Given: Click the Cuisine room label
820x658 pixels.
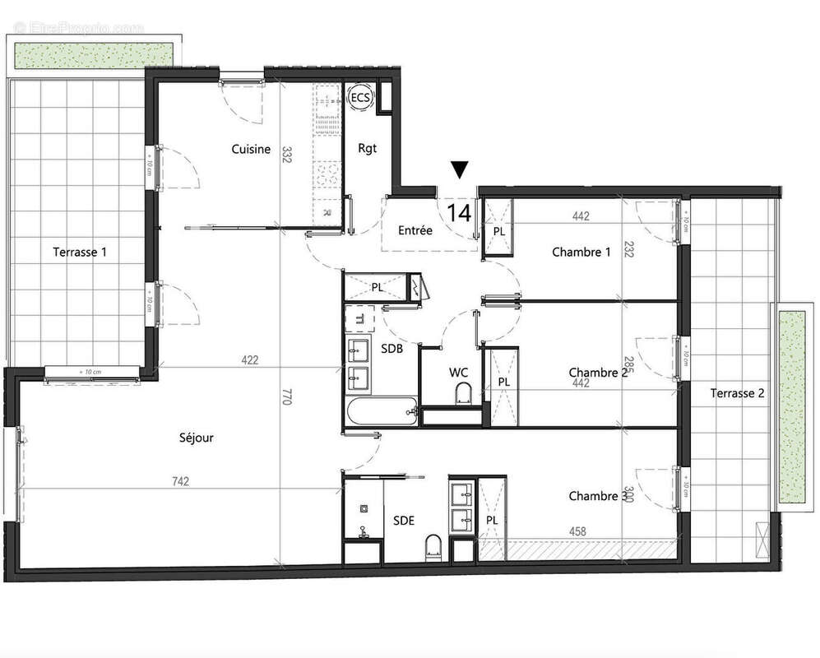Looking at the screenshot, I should [251, 149].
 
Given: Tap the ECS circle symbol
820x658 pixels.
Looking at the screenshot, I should [360, 98].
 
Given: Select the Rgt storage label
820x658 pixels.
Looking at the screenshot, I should [367, 149].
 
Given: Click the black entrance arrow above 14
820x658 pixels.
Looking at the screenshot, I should [460, 169].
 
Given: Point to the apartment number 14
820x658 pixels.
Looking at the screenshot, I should [459, 213].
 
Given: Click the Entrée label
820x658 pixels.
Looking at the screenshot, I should [415, 231].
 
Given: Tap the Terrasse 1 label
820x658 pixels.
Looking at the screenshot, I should [80, 252].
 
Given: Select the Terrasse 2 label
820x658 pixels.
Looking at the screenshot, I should [738, 393].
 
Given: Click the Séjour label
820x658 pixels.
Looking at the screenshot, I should [196, 438].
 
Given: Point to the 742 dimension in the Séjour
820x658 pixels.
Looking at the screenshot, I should [181, 481].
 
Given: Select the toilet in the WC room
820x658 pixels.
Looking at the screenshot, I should [461, 393].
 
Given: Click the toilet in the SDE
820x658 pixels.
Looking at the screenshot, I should [433, 546].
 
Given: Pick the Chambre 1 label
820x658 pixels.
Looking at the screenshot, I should [581, 253].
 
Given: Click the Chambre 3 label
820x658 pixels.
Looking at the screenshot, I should [594, 496].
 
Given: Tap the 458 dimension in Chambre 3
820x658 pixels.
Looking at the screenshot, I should [577, 532].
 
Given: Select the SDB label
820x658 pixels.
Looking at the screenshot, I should [392, 349].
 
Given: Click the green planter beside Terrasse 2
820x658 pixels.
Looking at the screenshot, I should [790, 406].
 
